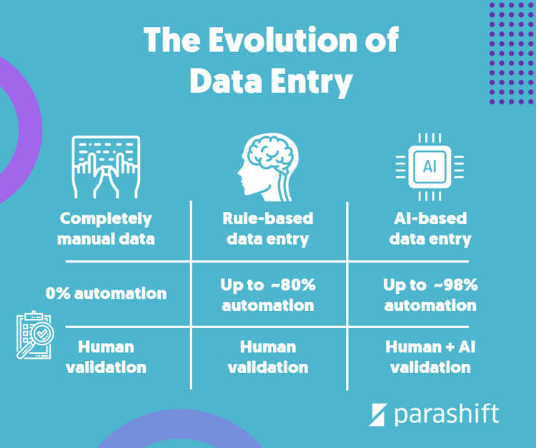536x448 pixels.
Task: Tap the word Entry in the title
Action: pyautogui.click(x=312, y=82)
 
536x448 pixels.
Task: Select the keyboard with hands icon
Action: pyautogui.click(x=106, y=167)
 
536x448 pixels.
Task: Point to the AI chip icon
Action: pyautogui.click(x=430, y=166)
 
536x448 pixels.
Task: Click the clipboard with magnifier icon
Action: pyautogui.click(x=34, y=335)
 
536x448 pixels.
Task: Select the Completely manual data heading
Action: pyautogui.click(x=106, y=228)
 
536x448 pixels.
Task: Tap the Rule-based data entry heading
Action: pyautogui.click(x=268, y=228)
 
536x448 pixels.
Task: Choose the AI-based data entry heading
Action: pyautogui.click(x=430, y=228)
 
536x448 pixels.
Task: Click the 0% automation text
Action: pyautogui.click(x=106, y=292)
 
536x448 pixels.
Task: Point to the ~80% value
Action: pyautogui.click(x=293, y=285)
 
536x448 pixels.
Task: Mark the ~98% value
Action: pyautogui.click(x=455, y=285)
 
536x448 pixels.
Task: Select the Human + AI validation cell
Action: pyautogui.click(x=430, y=357)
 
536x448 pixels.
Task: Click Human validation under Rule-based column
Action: pyautogui.click(x=268, y=357)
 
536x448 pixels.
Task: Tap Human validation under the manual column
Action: pyautogui.click(x=106, y=357)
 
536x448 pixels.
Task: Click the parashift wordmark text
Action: pyautogui.click(x=446, y=414)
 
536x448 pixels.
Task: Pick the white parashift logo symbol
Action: pyautogui.click(x=378, y=414)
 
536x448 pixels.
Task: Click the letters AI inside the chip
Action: pyautogui.click(x=430, y=166)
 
